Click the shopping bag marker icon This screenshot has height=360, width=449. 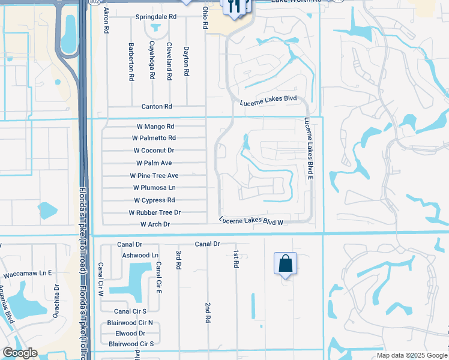click(285, 263)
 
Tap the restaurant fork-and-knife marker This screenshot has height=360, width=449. click(234, 6)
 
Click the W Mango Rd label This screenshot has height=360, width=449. click(154, 127)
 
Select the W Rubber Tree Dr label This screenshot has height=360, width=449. click(154, 212)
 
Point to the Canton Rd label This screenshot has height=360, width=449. click(156, 106)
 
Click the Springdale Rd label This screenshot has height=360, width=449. click(156, 17)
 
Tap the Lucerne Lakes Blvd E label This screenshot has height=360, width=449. click(309, 148)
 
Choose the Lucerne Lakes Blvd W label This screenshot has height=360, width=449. click(251, 221)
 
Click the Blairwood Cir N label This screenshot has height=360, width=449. click(130, 322)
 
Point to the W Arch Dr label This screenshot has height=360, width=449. click(155, 224)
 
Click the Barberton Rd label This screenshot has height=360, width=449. click(130, 61)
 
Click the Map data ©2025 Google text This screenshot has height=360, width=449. click(411, 355)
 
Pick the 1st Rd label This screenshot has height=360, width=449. click(237, 259)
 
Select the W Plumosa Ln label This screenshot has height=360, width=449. click(154, 188)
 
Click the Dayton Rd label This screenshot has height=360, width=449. click(187, 61)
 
